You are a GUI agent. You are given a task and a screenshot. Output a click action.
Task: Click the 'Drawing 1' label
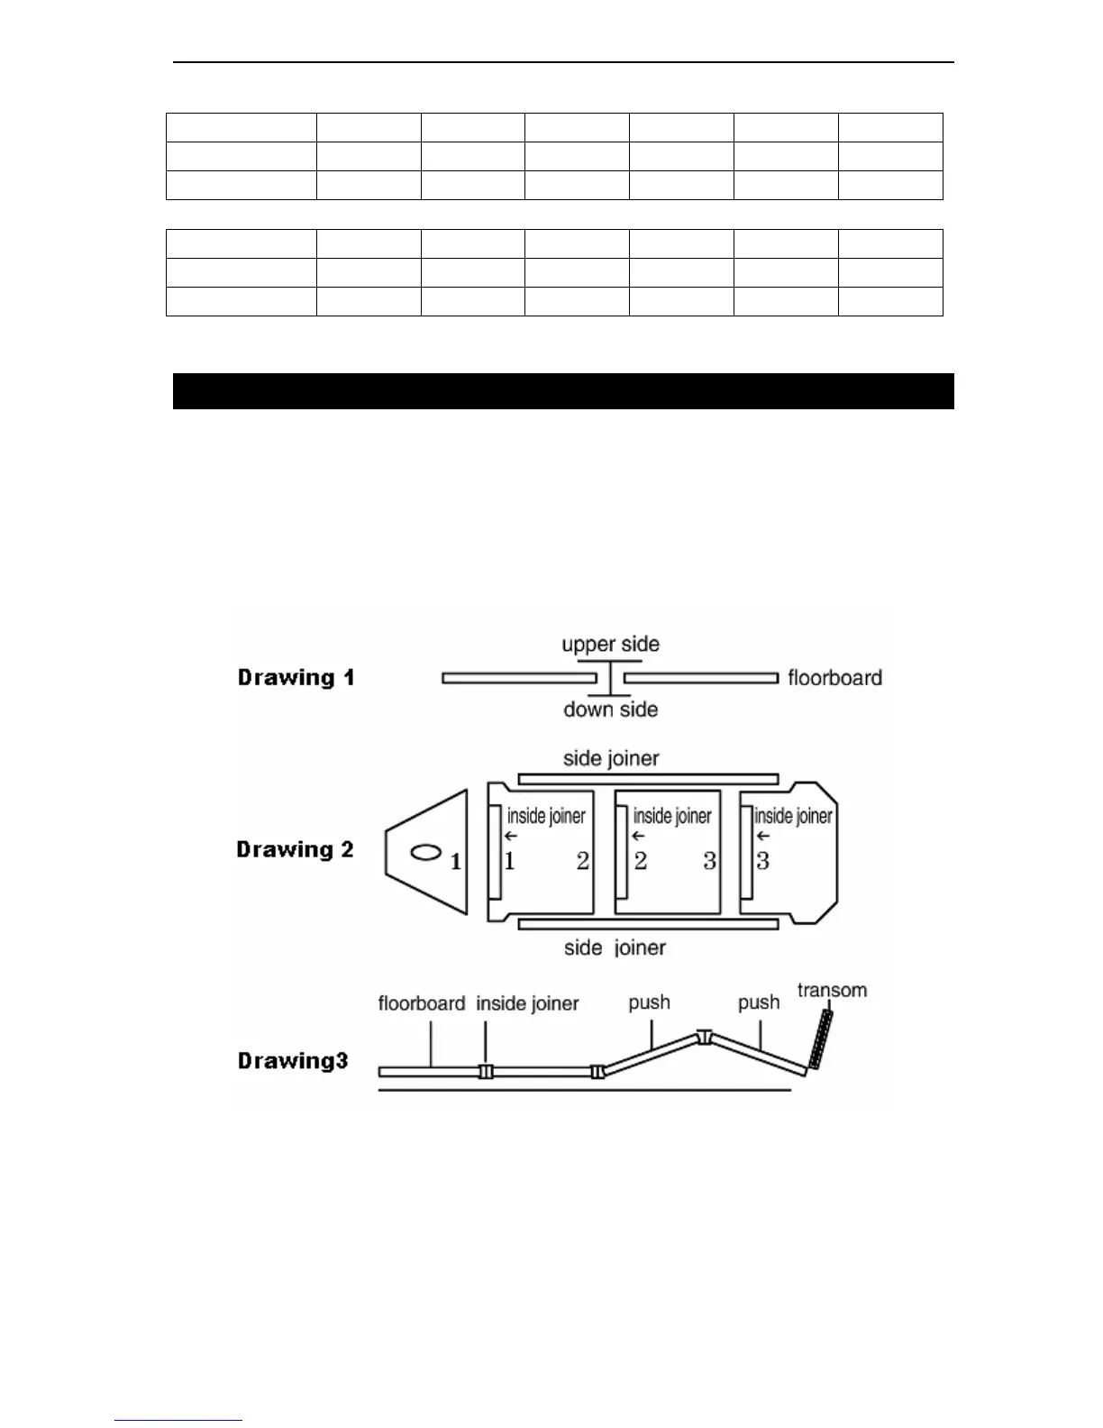point(296,678)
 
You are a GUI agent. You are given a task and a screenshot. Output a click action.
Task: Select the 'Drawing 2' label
point(295,849)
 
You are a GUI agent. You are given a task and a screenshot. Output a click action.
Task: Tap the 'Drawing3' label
point(293,1060)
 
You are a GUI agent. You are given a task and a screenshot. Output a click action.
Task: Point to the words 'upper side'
point(610,645)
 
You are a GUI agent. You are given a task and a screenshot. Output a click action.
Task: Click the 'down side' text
point(610,709)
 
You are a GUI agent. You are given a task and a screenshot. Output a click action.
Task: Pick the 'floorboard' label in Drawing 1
point(834,678)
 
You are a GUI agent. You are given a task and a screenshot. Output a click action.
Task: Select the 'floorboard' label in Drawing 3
point(421,1003)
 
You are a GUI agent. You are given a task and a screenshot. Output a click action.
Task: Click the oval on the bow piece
point(425,852)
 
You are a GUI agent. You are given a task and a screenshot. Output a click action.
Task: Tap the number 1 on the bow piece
point(456,862)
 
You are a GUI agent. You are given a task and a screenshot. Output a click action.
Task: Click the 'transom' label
point(832,990)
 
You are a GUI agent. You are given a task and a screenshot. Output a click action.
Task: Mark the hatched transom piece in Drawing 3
point(820,1039)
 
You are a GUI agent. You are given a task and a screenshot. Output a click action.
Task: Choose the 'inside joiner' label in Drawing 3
point(527,1003)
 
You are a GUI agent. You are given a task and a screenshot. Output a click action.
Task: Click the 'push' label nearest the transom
point(759,1002)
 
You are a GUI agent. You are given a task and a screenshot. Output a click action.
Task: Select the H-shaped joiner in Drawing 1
point(610,678)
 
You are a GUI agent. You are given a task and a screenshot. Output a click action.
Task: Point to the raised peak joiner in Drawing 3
point(705,1037)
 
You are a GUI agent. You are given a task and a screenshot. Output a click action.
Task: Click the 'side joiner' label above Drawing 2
point(611,758)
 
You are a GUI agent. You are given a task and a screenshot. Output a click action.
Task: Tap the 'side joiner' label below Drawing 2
point(615,947)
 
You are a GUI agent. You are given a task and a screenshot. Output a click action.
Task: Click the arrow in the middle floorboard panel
point(638,836)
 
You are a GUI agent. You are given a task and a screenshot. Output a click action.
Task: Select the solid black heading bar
point(563,391)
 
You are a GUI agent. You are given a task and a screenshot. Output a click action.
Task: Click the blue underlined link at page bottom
point(178,1420)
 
